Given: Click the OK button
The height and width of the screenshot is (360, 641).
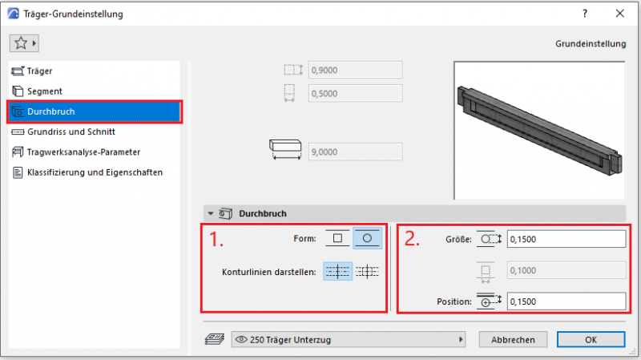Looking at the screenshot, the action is pyautogui.click(x=591, y=339).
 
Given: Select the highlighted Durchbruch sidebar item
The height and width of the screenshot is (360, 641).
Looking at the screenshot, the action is pyautogui.click(x=95, y=111).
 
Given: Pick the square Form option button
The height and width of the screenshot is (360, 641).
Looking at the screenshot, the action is pyautogui.click(x=337, y=238).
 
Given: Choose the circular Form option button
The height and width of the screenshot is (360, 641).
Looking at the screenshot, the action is pyautogui.click(x=367, y=238).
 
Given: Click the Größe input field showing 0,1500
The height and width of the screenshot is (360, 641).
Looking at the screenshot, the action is pyautogui.click(x=566, y=239).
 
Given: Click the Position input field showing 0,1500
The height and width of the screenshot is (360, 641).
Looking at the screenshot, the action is pyautogui.click(x=566, y=301).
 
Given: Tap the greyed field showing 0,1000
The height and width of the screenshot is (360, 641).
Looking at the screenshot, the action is pyautogui.click(x=566, y=270).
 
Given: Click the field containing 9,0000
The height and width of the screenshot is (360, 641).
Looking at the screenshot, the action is pyautogui.click(x=355, y=152).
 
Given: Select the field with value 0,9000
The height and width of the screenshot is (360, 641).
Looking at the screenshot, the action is pyautogui.click(x=355, y=70).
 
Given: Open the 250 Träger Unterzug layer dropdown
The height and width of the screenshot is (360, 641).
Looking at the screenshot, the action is pyautogui.click(x=349, y=339).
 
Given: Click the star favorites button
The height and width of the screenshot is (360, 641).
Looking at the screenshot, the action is pyautogui.click(x=24, y=43).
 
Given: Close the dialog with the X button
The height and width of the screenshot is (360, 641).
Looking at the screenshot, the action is pyautogui.click(x=619, y=14).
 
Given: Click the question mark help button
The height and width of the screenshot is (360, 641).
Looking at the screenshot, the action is pyautogui.click(x=585, y=14).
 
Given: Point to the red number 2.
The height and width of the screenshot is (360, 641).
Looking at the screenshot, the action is pyautogui.click(x=412, y=238).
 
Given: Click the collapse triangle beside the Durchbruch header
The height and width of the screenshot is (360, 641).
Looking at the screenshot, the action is pyautogui.click(x=211, y=213).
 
